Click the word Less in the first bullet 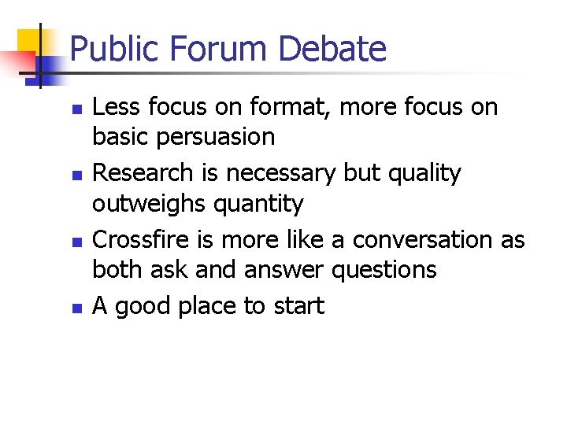pyautogui.click(x=113, y=107)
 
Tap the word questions pyautogui.click(x=384, y=270)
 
